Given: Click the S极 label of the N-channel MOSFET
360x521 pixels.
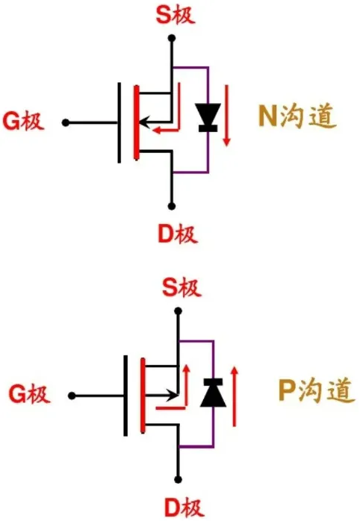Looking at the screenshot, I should tap(173, 14).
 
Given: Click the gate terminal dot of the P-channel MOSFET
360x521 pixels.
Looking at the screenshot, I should tap(71, 394).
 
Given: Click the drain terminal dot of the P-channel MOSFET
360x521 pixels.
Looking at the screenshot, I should tap(179, 478).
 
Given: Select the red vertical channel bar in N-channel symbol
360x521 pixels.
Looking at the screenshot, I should tap(136, 122).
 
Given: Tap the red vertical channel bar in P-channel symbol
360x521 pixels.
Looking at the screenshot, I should tap(142, 394).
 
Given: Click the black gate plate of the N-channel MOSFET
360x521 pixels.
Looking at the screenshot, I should tap(120, 122).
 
